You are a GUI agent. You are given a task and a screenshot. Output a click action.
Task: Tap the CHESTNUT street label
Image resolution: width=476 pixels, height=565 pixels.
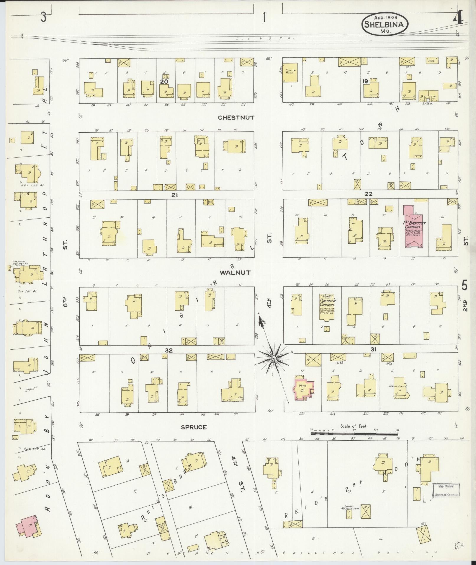[x=236, y=118]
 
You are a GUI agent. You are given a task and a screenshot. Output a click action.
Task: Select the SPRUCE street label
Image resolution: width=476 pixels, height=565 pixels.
[x=194, y=427]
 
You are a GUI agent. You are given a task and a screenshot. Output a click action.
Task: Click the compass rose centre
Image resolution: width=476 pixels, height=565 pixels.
[x=274, y=358]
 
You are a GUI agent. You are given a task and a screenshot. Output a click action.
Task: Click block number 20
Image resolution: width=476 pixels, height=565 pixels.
[x=164, y=81]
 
